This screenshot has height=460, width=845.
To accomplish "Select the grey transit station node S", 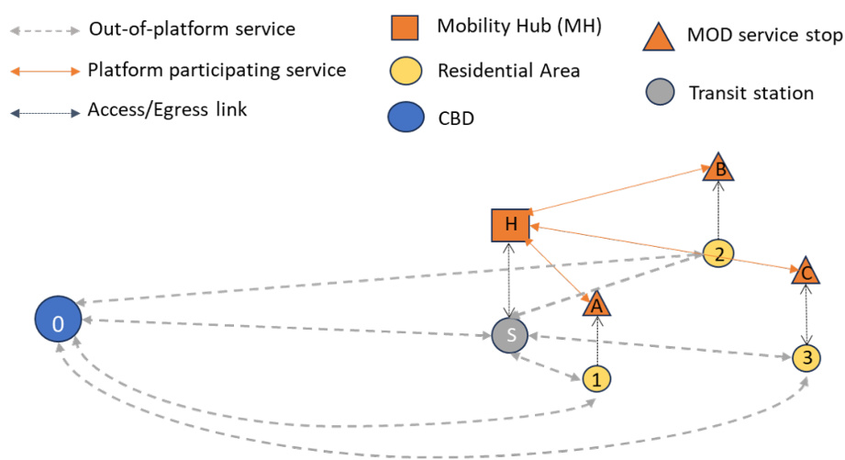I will click(510, 336).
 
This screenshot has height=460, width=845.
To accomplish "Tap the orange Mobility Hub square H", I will click(511, 225).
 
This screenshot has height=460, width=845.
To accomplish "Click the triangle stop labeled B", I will click(720, 169).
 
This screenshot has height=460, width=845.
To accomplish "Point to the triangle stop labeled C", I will click(805, 272).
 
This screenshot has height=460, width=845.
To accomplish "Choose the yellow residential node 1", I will click(596, 377).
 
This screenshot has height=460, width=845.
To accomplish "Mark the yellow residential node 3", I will click(806, 357).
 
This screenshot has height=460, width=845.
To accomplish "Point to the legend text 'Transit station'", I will click(750, 93).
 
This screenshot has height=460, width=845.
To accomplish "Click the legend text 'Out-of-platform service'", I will click(192, 29).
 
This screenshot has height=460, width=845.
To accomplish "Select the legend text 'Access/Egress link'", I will click(167, 110).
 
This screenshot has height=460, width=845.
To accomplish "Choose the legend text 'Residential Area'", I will click(508, 71).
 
